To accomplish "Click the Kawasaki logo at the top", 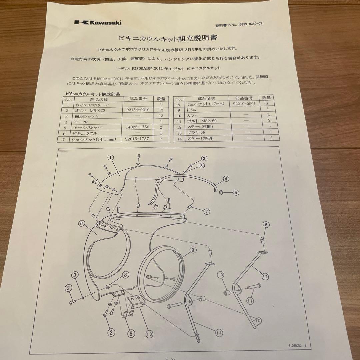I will [x=98, y=22].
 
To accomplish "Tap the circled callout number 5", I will [x=235, y=192].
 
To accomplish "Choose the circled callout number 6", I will [x=82, y=224].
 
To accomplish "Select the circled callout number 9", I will [x=193, y=249].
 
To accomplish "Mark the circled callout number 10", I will [x=220, y=275].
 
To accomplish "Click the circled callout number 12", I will [x=265, y=276].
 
